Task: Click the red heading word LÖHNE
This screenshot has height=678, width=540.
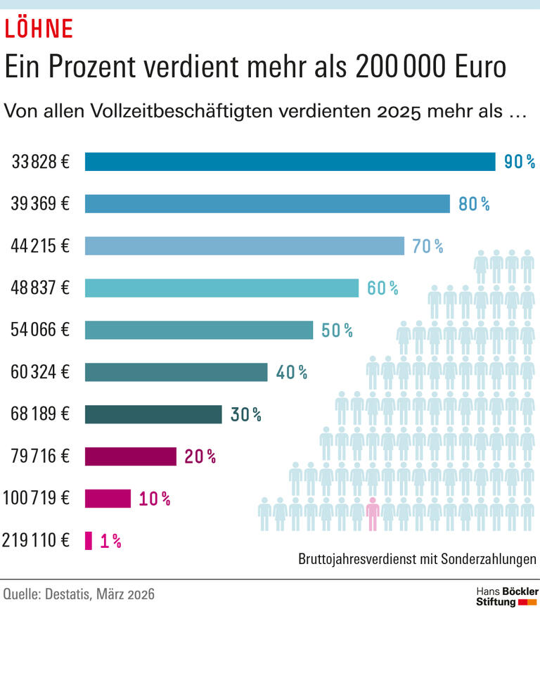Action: [39, 28]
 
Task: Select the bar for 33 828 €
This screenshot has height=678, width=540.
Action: [290, 162]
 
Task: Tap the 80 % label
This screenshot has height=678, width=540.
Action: [473, 204]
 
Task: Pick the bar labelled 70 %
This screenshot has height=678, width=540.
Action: [244, 245]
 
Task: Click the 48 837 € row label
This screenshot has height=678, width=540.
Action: [40, 288]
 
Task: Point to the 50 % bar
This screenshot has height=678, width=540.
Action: [199, 330]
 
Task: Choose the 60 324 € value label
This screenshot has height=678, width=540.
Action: [40, 372]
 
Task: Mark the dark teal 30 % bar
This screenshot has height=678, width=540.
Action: [153, 414]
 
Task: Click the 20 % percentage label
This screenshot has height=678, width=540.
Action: [200, 456]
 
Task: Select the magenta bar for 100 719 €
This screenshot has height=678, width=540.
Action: [108, 499]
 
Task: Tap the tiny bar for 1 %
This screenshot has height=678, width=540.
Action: [89, 541]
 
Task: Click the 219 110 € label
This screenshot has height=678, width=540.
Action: [36, 541]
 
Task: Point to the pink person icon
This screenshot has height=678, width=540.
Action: [373, 514]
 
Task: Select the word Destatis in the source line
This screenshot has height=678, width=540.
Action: [73, 594]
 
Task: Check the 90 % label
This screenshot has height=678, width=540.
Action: [520, 162]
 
